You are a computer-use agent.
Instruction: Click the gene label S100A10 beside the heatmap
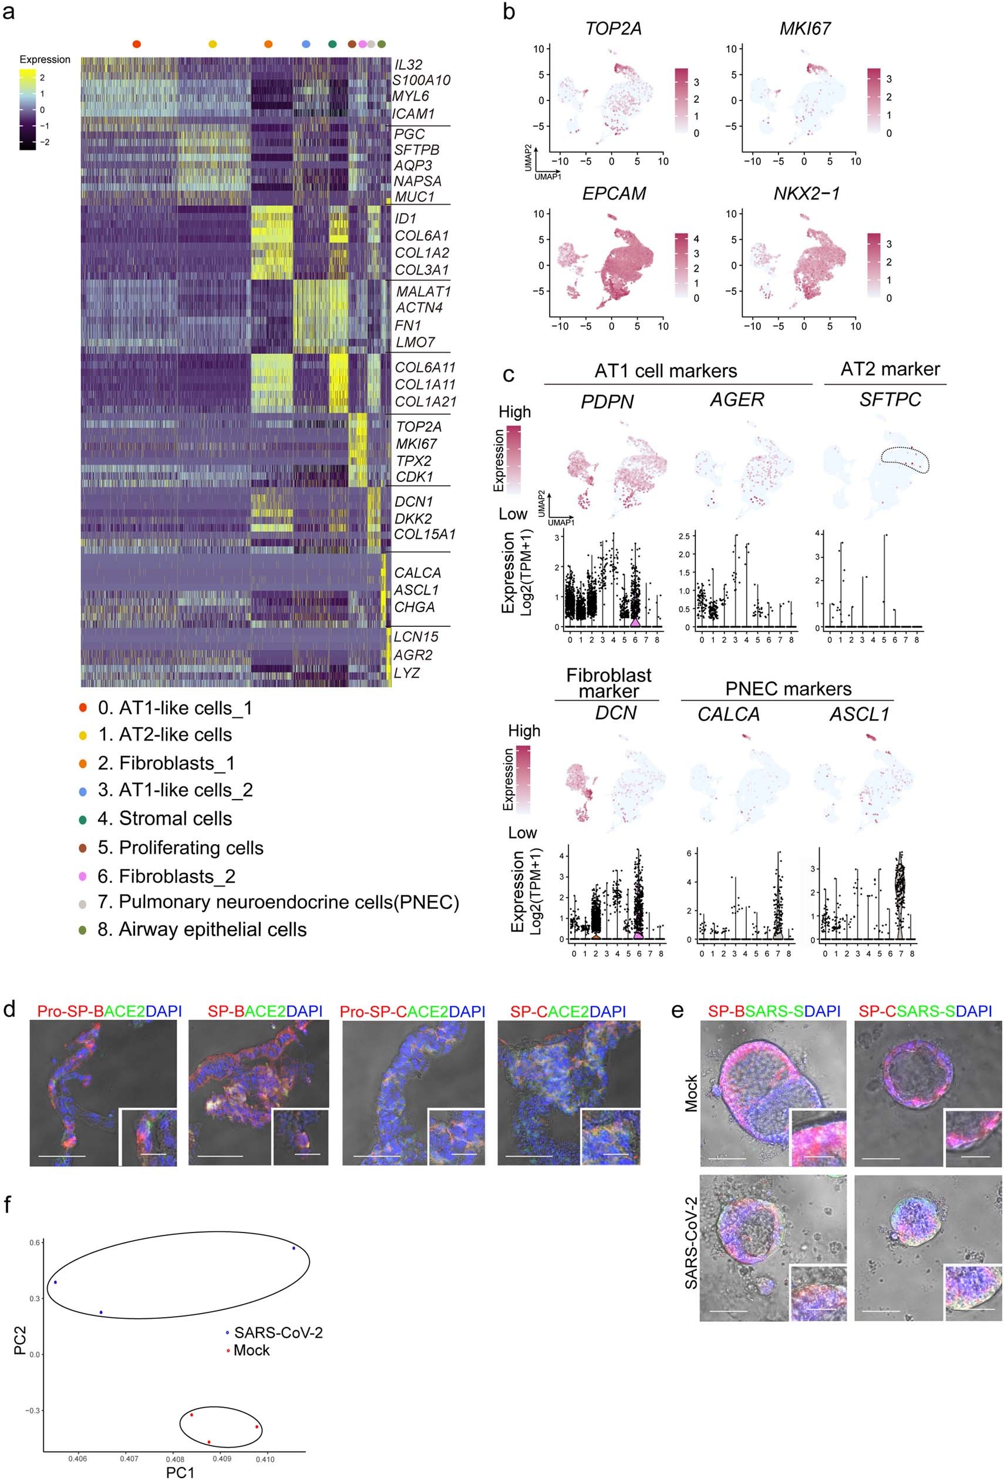pyautogui.click(x=421, y=80)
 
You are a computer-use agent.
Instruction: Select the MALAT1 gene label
pyautogui.click(x=423, y=292)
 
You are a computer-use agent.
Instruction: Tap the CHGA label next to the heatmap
pyautogui.click(x=414, y=607)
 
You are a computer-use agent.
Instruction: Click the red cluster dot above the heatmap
pyautogui.click(x=136, y=44)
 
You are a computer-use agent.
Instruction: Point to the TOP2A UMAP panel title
pyautogui.click(x=613, y=29)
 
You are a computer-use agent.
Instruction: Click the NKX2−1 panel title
pyautogui.click(x=806, y=194)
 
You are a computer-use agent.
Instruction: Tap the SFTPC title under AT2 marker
pyautogui.click(x=890, y=399)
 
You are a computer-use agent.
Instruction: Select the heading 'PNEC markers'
pyautogui.click(x=787, y=689)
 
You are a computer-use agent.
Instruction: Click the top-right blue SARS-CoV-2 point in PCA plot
pyautogui.click(x=294, y=1248)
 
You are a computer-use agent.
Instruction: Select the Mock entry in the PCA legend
pyautogui.click(x=251, y=1351)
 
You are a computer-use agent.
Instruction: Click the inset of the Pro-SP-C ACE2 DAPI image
pyautogui.click(x=456, y=1137)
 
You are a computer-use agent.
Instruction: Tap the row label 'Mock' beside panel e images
pyautogui.click(x=690, y=1093)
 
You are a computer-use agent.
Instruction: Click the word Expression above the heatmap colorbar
pyautogui.click(x=45, y=60)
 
